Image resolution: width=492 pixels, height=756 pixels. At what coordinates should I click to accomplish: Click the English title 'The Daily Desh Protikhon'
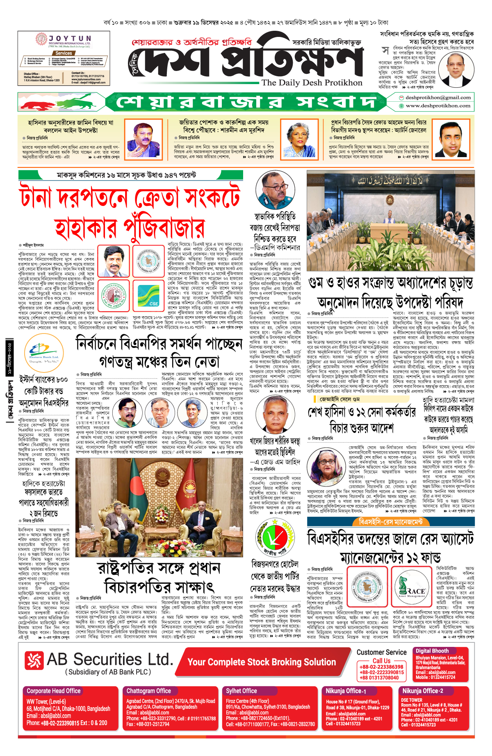[x=312, y=82]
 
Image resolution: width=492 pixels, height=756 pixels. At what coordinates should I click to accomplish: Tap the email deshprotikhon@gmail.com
[x=438, y=98]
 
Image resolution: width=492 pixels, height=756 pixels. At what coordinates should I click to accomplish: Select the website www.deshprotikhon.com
[x=438, y=106]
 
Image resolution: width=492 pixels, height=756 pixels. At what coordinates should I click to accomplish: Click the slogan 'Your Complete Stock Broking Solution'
[x=262, y=662]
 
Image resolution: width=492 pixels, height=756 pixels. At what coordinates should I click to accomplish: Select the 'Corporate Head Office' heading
[x=54, y=691]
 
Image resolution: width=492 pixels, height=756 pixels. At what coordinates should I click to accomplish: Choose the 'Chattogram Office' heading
[x=148, y=691]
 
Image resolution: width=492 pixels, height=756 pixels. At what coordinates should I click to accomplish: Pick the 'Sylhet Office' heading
[x=241, y=691]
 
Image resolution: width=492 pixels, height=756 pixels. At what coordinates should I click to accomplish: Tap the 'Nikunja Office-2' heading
[x=423, y=691]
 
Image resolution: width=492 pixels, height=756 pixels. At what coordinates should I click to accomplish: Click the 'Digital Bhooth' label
[x=432, y=651]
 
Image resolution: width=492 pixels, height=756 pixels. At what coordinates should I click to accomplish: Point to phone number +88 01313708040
[x=379, y=678]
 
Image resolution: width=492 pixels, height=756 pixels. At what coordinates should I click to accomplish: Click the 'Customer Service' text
[x=381, y=652]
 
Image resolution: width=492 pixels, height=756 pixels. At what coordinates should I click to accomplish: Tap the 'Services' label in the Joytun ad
[x=64, y=53]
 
